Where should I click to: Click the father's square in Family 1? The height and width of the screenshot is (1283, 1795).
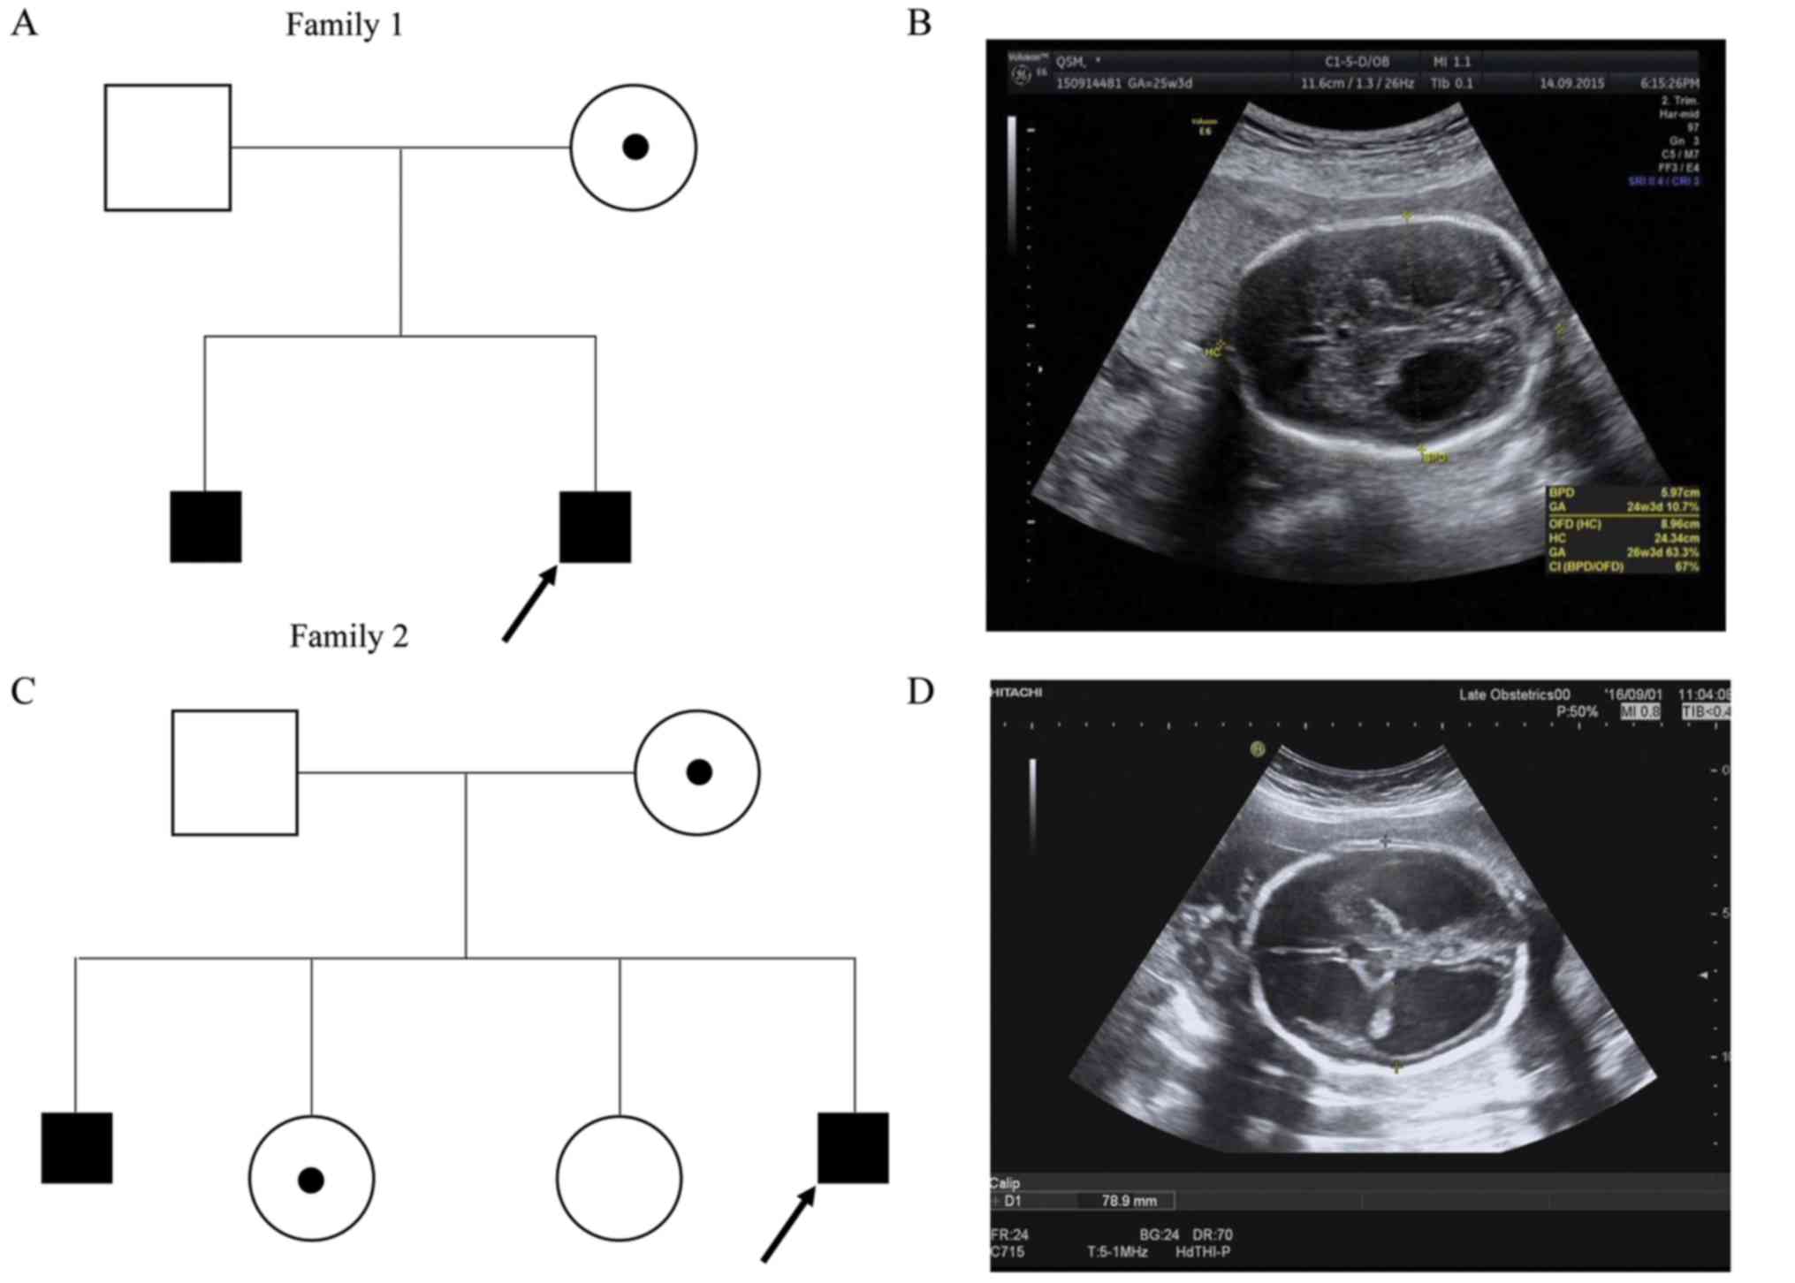168,148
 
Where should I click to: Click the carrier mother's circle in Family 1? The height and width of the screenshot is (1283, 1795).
633,148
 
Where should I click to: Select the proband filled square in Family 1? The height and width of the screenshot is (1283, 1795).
595,527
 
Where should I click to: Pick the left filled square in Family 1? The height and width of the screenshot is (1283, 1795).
205,527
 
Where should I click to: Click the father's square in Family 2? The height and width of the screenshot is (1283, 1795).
234,772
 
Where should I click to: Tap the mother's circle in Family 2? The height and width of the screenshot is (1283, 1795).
696,772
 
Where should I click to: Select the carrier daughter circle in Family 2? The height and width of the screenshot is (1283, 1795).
311,1178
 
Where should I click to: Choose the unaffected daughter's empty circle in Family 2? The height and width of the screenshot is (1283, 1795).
619,1178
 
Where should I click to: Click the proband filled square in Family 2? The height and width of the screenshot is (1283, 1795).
853,1148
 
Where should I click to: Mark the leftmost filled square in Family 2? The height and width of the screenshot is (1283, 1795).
77,1148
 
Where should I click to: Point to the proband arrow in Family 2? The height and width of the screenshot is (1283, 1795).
788,1225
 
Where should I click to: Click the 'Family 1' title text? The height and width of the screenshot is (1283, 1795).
344,25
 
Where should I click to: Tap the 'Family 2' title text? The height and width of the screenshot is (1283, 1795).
349,636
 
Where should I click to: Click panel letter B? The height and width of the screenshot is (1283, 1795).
919,23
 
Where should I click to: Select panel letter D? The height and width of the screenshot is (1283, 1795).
920,691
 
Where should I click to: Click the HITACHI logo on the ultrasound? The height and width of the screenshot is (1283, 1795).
1016,692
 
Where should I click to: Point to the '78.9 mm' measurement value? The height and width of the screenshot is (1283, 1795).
1129,1201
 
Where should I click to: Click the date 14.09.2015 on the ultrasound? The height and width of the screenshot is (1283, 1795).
1571,83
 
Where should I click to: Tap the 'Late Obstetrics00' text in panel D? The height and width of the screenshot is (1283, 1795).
1514,695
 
